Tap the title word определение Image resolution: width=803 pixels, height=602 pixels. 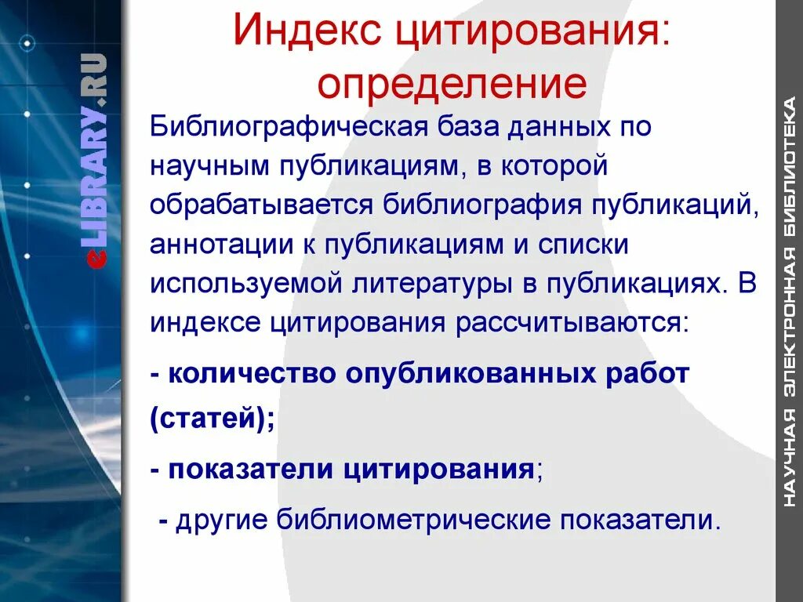pyautogui.click(x=452, y=85)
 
